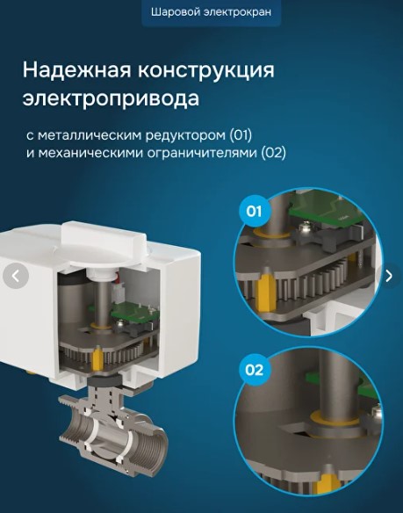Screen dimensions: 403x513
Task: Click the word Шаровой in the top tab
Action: [x=176, y=12]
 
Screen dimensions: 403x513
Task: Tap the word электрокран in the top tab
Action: [x=237, y=12]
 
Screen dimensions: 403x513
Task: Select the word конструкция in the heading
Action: [x=206, y=70]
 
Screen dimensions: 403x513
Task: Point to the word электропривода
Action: [x=111, y=98]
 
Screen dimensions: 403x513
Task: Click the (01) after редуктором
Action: [x=241, y=134]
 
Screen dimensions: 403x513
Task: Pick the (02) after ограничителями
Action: [x=273, y=153]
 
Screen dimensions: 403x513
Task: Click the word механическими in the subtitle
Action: [x=90, y=153]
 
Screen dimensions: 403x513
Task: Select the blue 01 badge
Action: [x=254, y=212]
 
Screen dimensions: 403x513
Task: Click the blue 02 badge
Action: [x=254, y=370]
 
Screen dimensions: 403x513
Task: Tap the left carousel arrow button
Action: [x=16, y=276]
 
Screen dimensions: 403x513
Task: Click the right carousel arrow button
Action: [x=389, y=276]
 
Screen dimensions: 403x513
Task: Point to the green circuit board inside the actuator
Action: [x=135, y=313]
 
